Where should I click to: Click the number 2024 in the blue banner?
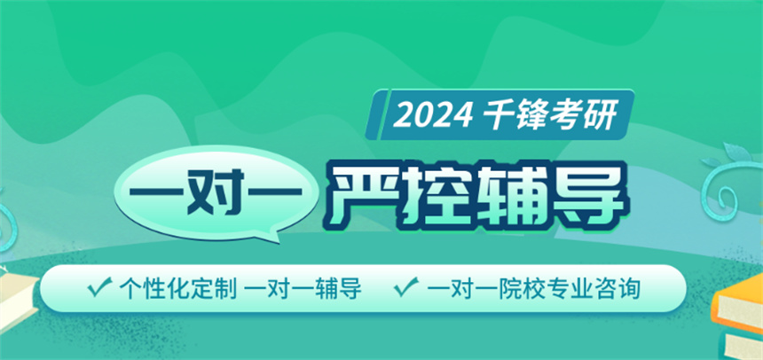[433, 115]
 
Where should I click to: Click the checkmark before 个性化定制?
[99, 287]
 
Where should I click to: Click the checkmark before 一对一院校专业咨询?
[406, 287]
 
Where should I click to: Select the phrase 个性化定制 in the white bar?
[178, 289]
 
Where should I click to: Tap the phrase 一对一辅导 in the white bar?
[303, 289]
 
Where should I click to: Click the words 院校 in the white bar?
[509, 289]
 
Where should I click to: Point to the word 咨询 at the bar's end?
[616, 289]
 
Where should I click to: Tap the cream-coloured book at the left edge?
[19, 297]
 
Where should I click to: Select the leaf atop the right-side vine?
[737, 152]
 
